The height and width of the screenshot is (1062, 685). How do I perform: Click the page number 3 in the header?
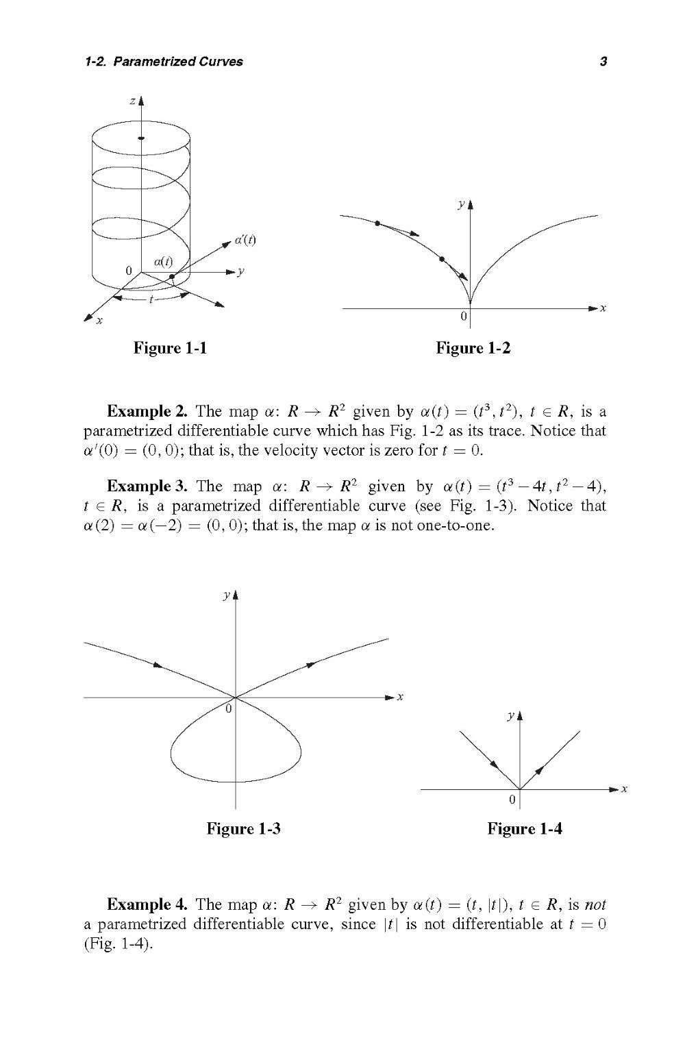(x=603, y=62)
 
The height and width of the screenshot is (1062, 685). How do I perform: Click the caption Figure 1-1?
(x=170, y=348)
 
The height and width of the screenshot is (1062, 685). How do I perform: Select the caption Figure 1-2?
(x=473, y=348)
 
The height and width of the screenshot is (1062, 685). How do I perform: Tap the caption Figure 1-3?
(x=243, y=828)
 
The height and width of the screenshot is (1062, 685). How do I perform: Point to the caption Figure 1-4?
(x=524, y=828)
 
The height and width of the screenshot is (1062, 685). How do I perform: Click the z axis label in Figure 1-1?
(x=132, y=101)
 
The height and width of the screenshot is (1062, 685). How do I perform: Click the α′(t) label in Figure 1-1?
(x=245, y=240)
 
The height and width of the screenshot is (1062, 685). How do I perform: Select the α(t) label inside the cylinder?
(x=163, y=260)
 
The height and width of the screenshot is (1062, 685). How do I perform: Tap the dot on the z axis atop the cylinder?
(x=140, y=139)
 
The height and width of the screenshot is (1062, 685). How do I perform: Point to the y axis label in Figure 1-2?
(x=462, y=203)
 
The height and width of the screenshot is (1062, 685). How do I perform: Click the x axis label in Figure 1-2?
(x=603, y=309)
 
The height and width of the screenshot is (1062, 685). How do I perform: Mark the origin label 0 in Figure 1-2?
(x=463, y=317)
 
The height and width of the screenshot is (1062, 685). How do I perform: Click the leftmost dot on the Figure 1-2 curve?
(x=377, y=223)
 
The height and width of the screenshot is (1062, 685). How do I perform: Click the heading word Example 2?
(x=147, y=412)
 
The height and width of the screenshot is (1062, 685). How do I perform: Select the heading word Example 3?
(x=147, y=486)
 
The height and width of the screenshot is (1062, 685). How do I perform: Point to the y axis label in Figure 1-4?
(x=510, y=715)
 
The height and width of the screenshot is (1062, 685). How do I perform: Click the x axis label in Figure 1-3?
(x=401, y=697)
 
